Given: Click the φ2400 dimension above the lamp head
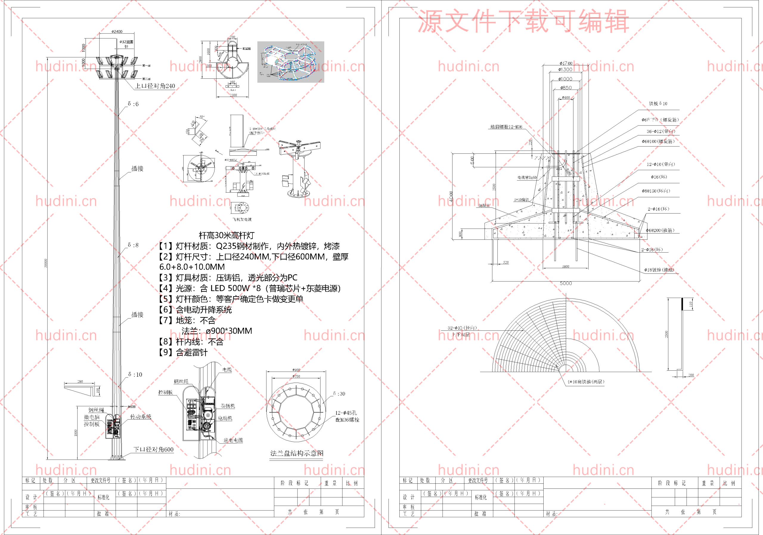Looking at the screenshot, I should tap(117, 32).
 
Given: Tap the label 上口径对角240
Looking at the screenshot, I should tap(155, 86).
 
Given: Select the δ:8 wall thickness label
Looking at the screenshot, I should tap(133, 245).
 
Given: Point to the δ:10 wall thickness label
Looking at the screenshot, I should tap(135, 374).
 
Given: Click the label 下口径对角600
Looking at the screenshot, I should tap(153, 449).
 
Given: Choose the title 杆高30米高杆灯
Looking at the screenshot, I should tap(226, 235).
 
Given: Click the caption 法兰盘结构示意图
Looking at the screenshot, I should tap(297, 453).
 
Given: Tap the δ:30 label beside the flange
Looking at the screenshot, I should tap(339, 394).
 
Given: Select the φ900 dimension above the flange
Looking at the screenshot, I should tap(296, 370).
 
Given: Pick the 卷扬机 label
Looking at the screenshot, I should tap(228, 406).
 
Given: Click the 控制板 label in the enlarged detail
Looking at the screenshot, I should tap(165, 392).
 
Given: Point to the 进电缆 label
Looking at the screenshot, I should tap(233, 440).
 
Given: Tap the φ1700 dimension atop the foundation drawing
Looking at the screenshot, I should tap(566, 63).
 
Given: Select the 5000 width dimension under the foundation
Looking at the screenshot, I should tap(566, 283).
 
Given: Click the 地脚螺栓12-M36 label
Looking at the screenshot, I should tap(506, 127).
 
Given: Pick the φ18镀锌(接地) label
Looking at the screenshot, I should tap(659, 270).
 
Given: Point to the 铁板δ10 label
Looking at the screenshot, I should tap(658, 104).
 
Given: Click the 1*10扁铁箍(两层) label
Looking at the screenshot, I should tap(586, 382).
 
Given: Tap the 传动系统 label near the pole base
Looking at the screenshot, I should tap(141, 417).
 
